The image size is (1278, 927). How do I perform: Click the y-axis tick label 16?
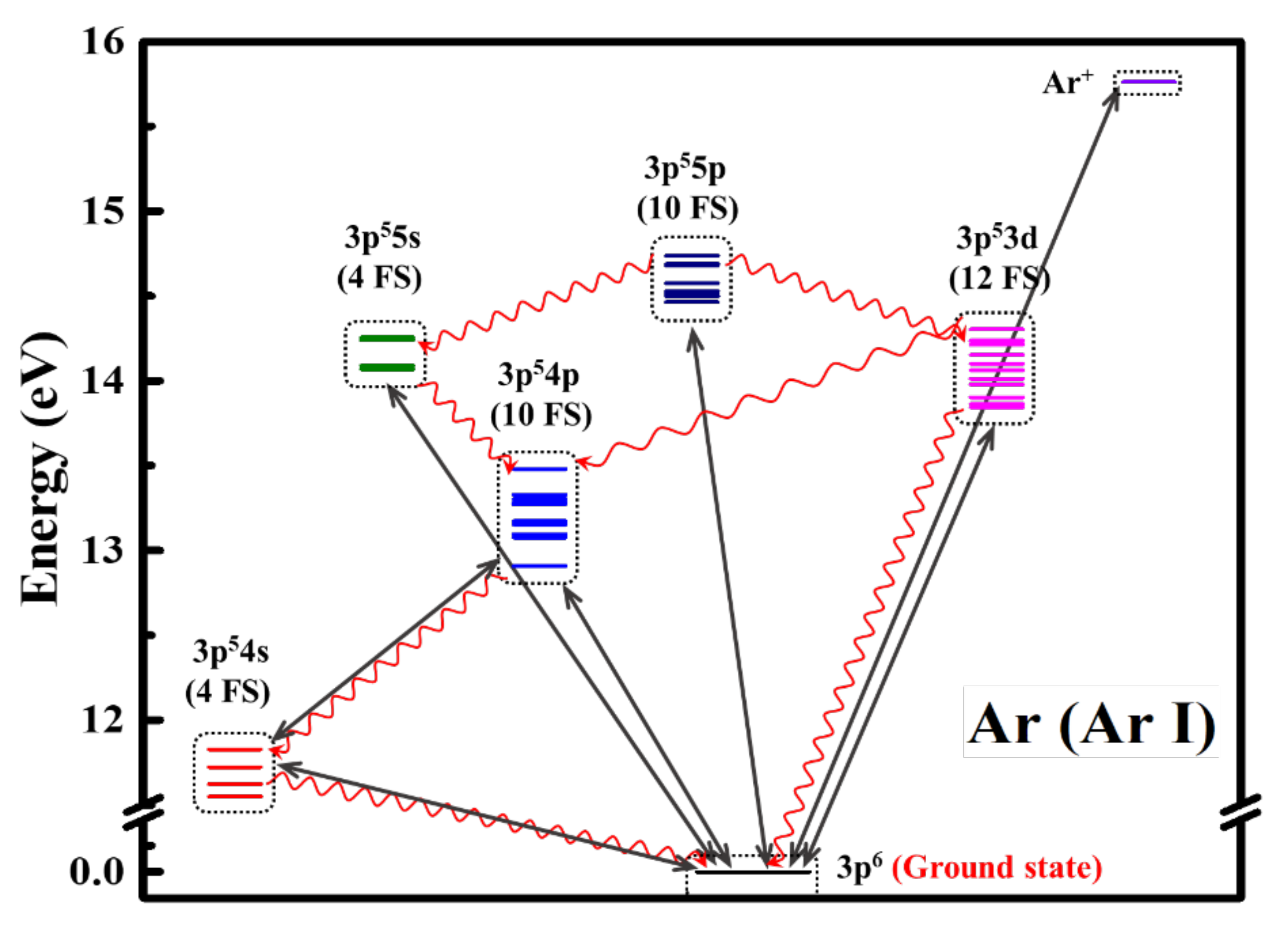[x=103, y=42]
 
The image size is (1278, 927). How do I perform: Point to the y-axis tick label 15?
[x=103, y=211]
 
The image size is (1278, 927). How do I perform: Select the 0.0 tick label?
[x=96, y=872]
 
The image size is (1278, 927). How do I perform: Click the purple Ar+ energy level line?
[x=1148, y=82]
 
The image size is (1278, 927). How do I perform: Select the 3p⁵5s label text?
[x=382, y=238]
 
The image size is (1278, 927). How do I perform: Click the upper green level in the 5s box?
[x=387, y=339]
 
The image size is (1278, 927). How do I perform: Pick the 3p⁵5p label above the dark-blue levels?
[x=685, y=168]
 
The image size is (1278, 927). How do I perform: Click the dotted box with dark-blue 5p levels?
[x=692, y=279]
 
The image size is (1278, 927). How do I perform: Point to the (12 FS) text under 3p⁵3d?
[x=999, y=279]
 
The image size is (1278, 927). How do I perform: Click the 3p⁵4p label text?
[x=538, y=375]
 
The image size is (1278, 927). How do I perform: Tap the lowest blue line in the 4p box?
[x=539, y=565]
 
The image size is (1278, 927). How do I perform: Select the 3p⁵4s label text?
[x=231, y=652]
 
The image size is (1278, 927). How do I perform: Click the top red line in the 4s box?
[x=234, y=750]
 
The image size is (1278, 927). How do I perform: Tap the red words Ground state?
[x=996, y=868]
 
